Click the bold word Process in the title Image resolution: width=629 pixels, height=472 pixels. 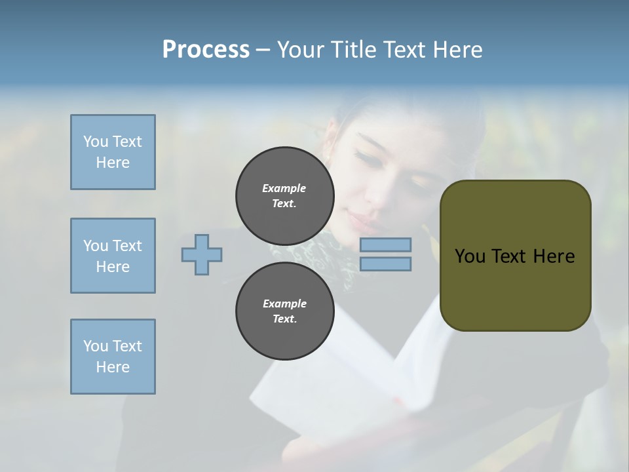[206, 50]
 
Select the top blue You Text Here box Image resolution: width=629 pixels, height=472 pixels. [113, 152]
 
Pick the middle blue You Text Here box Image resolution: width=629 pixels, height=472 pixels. [113, 256]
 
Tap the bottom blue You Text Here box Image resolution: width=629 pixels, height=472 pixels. [113, 357]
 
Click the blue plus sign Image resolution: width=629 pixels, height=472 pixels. [202, 254]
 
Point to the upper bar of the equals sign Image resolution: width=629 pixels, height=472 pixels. [385, 245]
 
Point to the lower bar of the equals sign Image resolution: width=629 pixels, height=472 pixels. [385, 264]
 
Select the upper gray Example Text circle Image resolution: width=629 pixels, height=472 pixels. [284, 195]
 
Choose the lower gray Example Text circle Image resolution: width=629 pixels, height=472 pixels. [284, 311]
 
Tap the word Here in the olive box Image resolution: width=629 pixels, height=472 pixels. [554, 256]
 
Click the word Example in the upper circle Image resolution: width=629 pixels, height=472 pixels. [284, 188]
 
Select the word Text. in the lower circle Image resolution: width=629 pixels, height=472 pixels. [284, 319]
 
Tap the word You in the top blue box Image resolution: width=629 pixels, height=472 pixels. [94, 142]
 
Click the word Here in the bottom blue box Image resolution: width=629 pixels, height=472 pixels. [113, 367]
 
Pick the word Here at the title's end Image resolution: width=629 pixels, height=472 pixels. [458, 50]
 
